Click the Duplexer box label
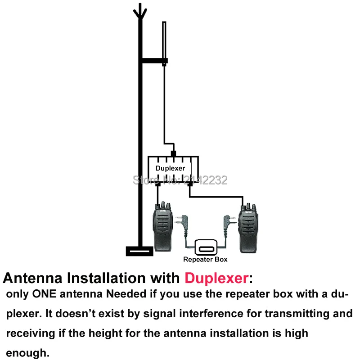(171, 168)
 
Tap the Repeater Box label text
(205, 259)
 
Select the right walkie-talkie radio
(249, 227)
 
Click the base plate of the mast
(139, 251)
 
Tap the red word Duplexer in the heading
(216, 278)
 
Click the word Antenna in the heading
(34, 278)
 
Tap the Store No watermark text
(180, 180)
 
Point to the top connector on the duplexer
(174, 154)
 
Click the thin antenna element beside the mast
(165, 40)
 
